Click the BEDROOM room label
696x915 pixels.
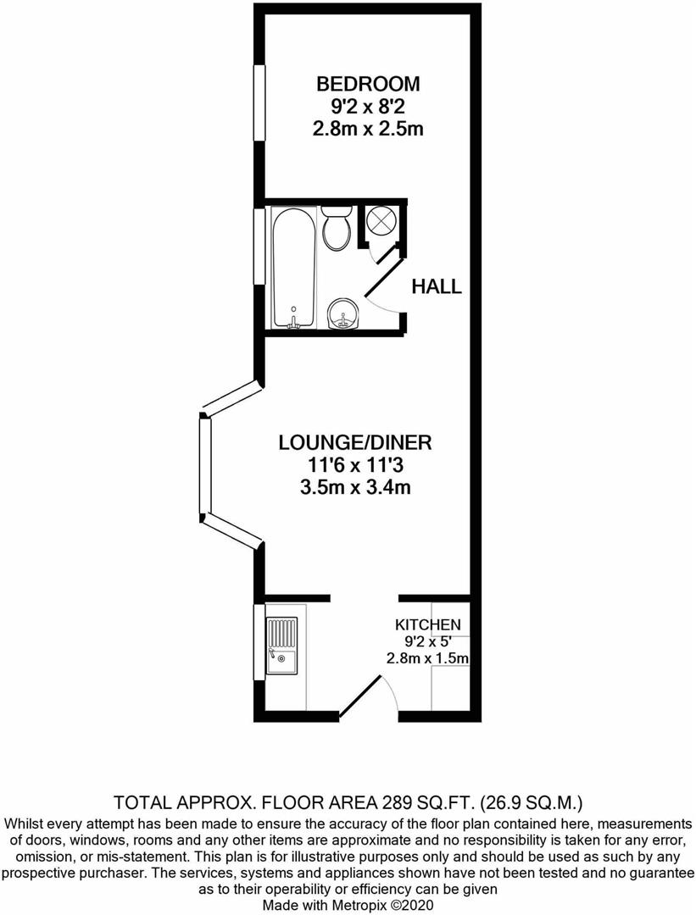368,84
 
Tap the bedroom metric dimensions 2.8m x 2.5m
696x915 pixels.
368,130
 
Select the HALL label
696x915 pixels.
437,286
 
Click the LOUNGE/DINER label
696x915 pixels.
355,442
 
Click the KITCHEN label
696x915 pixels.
428,624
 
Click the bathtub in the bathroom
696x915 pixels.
293,268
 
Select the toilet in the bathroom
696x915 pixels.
337,229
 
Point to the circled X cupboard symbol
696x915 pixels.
379,222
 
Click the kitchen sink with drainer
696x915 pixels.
281,646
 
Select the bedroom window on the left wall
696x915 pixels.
259,103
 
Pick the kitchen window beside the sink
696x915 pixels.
259,640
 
